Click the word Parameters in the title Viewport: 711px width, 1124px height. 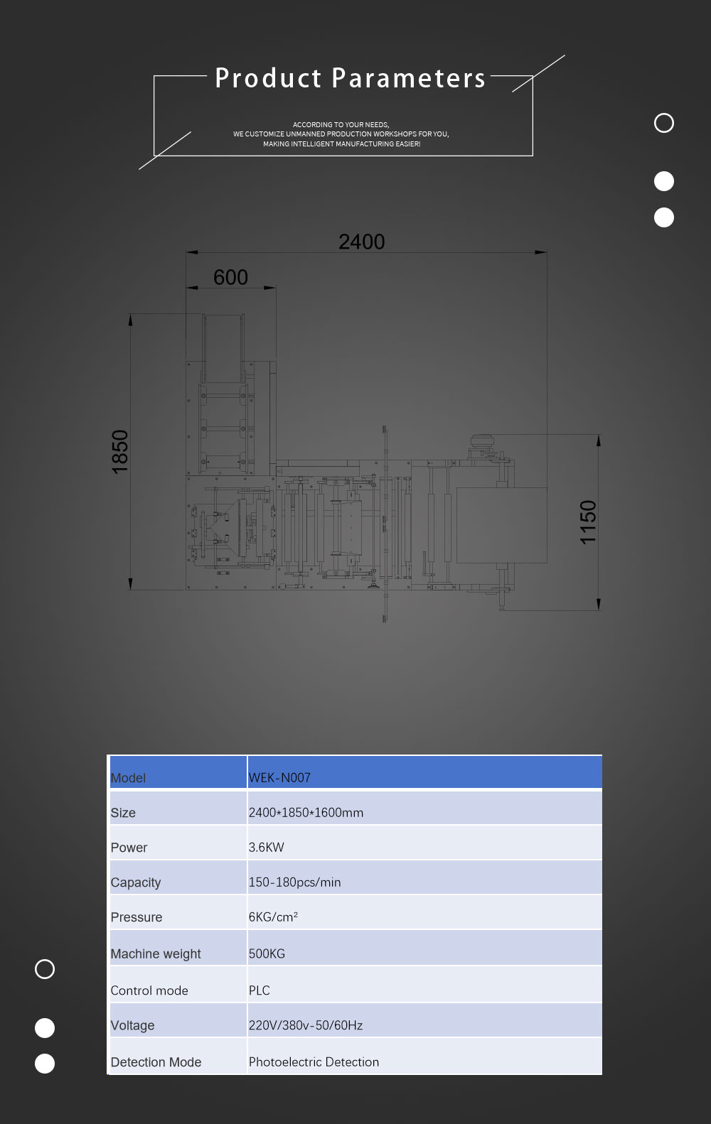coord(409,78)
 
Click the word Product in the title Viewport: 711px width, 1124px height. coord(268,78)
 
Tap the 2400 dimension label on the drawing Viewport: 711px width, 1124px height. coord(361,242)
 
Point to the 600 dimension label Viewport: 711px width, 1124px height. coord(230,278)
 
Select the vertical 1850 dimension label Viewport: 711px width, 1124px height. coord(120,452)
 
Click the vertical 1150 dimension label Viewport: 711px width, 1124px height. coord(588,522)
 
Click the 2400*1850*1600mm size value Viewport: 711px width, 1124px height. coord(306,812)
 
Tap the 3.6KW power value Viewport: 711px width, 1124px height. coord(266,847)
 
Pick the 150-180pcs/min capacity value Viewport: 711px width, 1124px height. coord(295,882)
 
